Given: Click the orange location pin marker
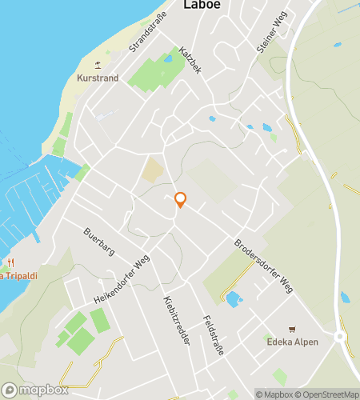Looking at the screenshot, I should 181,200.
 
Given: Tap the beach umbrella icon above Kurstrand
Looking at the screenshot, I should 98,64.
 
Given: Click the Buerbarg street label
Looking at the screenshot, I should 100,242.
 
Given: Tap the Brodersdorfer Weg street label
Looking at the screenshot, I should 263,265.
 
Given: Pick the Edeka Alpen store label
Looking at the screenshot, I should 292,342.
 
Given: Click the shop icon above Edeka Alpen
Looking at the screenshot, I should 292,330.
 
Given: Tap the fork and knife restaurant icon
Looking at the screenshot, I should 10,262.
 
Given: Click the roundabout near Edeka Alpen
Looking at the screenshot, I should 341,337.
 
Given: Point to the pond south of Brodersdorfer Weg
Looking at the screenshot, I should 234,300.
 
